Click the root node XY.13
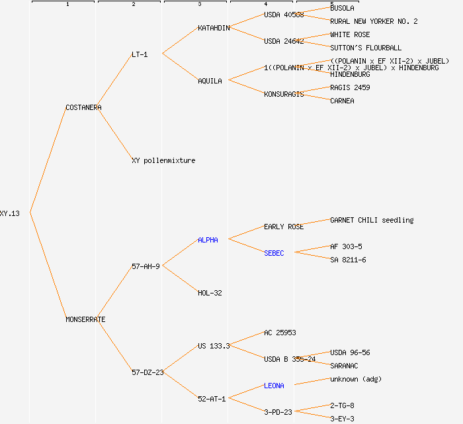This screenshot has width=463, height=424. click(x=10, y=213)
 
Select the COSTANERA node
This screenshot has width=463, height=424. click(x=83, y=107)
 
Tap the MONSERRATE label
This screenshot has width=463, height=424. click(x=85, y=319)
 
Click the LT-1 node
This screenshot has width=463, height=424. click(x=140, y=54)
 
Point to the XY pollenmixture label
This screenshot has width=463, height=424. click(x=163, y=160)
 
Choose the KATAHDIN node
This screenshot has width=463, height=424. click(x=214, y=28)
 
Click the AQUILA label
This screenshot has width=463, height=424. click(x=210, y=81)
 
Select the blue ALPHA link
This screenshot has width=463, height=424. click(x=208, y=240)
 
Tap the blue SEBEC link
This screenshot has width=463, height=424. click(x=274, y=253)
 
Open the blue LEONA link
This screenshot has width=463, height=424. click(x=274, y=386)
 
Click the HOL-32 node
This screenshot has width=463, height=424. click(x=210, y=293)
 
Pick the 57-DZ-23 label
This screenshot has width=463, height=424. click(x=147, y=372)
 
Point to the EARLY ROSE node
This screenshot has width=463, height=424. click(x=284, y=227)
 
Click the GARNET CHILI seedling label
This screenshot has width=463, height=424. click(x=372, y=220)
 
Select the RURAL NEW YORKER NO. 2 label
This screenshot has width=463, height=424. click(x=374, y=21)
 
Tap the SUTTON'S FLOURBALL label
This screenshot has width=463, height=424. click(x=366, y=48)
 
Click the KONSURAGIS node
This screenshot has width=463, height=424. click(x=284, y=94)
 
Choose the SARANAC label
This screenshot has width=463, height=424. click(x=344, y=366)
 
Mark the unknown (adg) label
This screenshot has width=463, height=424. click(x=356, y=379)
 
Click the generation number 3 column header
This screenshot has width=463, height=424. click(x=199, y=5)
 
